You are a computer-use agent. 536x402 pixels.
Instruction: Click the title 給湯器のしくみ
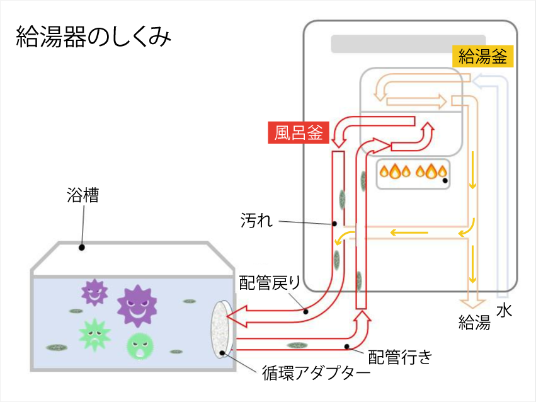tap(93, 37)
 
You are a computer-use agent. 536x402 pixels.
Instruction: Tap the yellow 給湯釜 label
tap(483, 57)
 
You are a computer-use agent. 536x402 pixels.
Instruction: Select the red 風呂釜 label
tap(299, 133)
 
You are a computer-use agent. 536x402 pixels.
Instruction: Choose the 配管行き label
tap(400, 357)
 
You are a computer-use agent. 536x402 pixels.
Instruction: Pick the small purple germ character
tap(95, 292)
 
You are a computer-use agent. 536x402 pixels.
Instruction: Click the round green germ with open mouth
tap(140, 345)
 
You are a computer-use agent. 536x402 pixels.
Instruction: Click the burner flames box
tap(413, 173)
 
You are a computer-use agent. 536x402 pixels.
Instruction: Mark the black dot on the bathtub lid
tap(81, 248)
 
